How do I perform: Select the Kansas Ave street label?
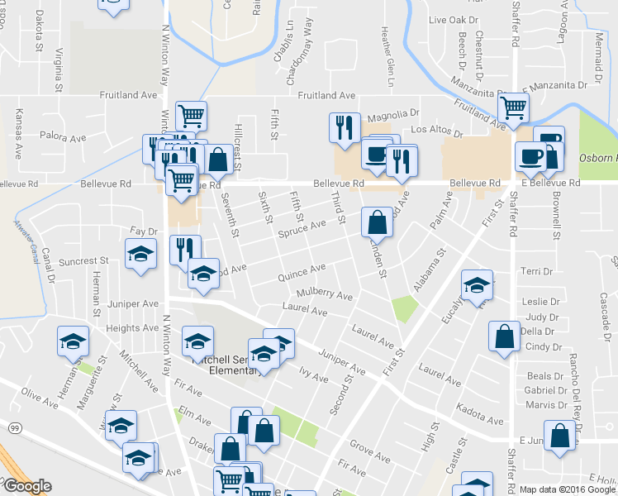(19, 128)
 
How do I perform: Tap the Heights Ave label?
(132, 328)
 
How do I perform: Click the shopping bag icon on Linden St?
(377, 222)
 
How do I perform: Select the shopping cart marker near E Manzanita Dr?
(514, 107)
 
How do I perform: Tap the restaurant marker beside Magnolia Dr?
(344, 127)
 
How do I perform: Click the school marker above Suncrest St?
(140, 253)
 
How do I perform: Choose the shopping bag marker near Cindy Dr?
(504, 336)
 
